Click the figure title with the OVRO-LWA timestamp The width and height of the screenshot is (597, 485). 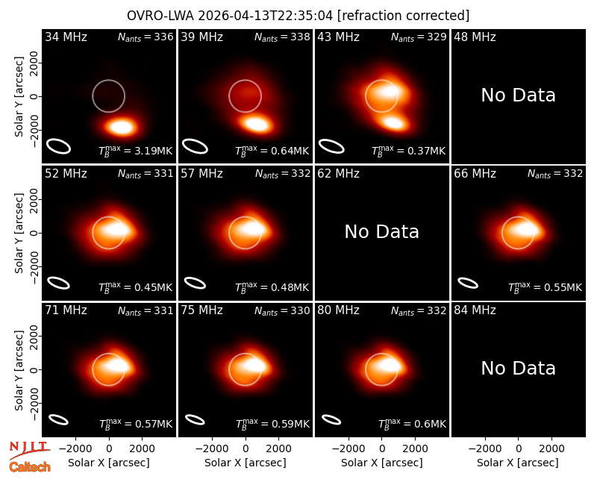coord(298,16)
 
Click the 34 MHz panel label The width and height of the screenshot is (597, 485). coord(66,37)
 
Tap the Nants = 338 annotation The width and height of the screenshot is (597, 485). coord(282,37)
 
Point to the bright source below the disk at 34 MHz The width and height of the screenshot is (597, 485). coord(122,126)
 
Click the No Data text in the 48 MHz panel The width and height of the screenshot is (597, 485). coord(518,96)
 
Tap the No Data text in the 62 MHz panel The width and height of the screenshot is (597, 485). coord(382,232)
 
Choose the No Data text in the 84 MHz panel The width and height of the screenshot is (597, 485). coord(518,369)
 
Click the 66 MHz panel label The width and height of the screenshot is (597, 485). coord(475,174)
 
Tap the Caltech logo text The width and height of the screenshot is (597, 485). coord(30,467)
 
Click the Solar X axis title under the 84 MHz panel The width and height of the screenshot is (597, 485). coord(518,463)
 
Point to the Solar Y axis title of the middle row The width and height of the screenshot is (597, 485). coord(19,233)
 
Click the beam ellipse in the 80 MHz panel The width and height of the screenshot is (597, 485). coord(331,419)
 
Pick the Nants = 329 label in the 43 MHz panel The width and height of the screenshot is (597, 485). coord(419,37)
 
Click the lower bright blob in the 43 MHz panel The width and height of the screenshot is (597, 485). coord(394,122)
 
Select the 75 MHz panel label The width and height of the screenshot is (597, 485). coord(201,310)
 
